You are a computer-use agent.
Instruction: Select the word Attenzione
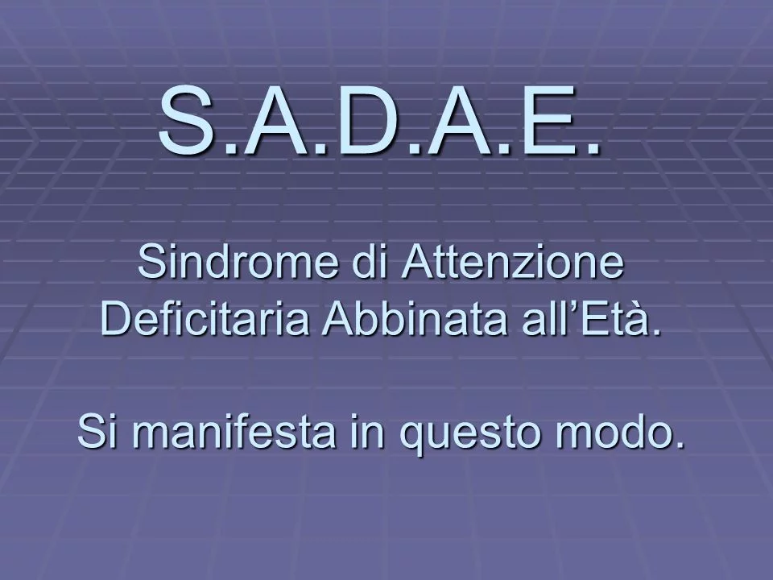tap(513, 262)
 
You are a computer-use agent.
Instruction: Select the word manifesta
tap(234, 431)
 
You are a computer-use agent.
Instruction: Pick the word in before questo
tap(367, 431)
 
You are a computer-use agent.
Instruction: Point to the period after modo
tap(679, 443)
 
